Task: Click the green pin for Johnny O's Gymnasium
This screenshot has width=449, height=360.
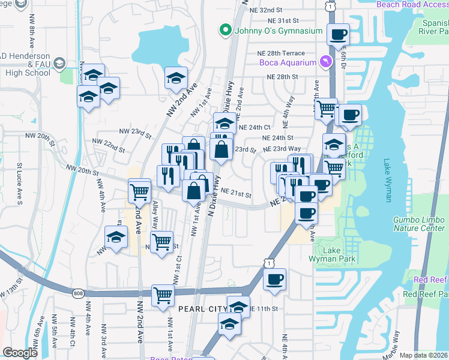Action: pos(226,28)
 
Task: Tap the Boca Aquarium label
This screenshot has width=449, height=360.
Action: pos(287,62)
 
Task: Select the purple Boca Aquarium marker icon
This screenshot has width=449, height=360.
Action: pos(325,62)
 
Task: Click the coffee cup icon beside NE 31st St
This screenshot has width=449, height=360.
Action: pos(338,34)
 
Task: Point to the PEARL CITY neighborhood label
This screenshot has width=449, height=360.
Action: pos(201,308)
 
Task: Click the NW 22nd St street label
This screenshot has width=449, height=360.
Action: pos(109,145)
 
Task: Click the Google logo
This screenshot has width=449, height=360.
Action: pos(20,353)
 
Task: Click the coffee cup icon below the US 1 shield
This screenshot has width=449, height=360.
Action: pos(274,279)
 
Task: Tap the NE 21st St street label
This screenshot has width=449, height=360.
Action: pos(236,193)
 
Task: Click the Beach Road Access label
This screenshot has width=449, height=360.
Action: pos(412,4)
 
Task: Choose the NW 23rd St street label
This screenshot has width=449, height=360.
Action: pos(134,133)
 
